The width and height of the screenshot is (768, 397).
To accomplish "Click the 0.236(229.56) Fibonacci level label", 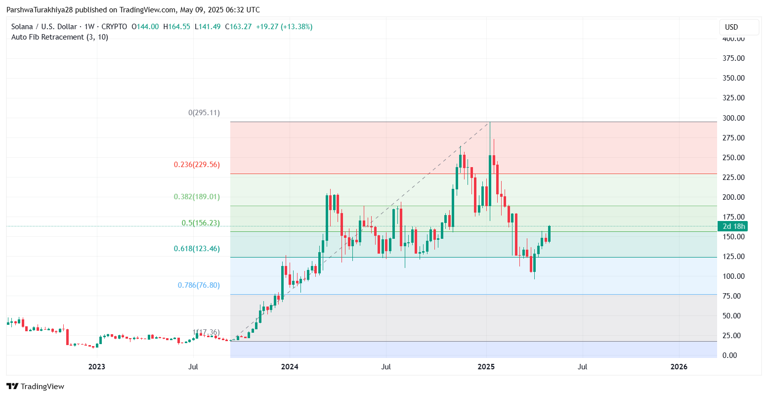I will (197, 165).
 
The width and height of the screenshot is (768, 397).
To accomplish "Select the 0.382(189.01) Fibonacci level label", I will (197, 197).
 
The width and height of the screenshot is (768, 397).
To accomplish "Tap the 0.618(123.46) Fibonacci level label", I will (197, 249).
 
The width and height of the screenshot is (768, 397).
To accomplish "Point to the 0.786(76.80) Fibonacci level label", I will (199, 285).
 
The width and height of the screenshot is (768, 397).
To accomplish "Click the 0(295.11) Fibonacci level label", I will (204, 113).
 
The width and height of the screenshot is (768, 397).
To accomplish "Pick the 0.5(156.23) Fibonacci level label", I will (201, 223).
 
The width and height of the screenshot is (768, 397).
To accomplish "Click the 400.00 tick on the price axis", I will (733, 39).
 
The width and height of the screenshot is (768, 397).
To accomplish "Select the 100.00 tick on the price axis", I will (733, 276).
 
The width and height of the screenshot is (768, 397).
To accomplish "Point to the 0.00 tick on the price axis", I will (736, 355).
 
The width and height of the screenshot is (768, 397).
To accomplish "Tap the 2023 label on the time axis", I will (97, 367).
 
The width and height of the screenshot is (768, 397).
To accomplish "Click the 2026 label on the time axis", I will (679, 367).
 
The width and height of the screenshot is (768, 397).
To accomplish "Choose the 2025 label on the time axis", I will (486, 367).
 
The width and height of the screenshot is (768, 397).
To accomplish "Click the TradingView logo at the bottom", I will (36, 387).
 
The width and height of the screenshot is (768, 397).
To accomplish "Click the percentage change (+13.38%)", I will (297, 27).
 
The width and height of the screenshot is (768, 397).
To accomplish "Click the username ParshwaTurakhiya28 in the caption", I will (40, 10).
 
